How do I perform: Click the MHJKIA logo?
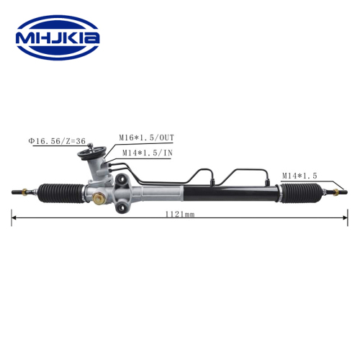58,37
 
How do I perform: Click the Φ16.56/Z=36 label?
57,141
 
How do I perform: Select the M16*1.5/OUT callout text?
146,138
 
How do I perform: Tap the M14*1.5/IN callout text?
148,153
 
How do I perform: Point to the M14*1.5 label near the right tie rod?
300,176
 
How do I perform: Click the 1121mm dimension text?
180,215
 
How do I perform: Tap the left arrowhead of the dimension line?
14,217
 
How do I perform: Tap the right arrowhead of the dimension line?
346,217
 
